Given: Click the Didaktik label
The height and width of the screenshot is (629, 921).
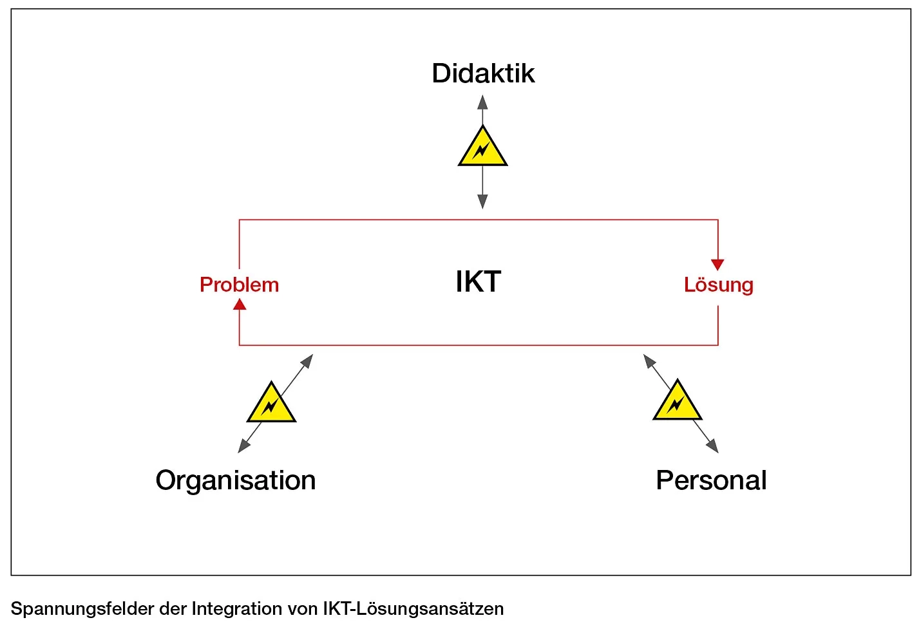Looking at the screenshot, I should pos(483,73).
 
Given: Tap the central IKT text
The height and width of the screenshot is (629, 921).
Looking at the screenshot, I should pos(478,282).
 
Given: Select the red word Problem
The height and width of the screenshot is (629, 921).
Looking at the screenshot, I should pos(239,285).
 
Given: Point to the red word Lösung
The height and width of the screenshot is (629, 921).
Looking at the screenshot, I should pos(718,285).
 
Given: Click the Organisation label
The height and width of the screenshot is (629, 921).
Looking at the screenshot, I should pos(236,480).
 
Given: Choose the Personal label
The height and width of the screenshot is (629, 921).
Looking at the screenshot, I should pos(711,480).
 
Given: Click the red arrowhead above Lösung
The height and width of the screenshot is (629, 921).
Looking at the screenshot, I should pos(717,265).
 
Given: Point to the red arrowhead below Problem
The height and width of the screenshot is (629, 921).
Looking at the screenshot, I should pos(240,305).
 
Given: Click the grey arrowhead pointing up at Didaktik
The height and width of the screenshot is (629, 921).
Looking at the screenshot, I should pos(482,102).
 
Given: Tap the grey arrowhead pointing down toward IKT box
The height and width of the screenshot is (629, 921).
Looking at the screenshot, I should pos(482,202).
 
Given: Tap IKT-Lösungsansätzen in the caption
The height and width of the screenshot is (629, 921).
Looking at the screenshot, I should pos(413,608).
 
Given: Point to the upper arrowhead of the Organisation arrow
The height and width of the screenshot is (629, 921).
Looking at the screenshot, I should pos(307,360).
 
